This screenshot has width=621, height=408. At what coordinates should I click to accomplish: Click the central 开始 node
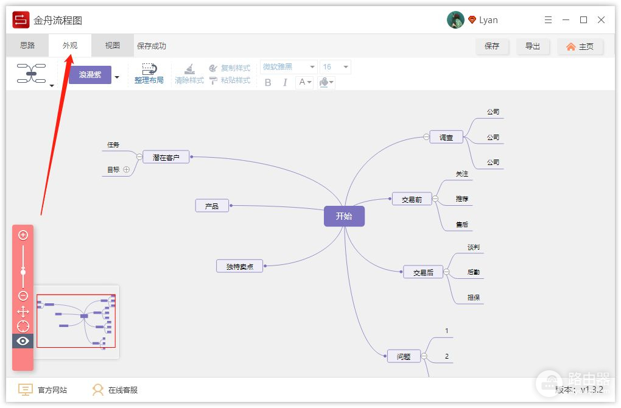coord(344,216)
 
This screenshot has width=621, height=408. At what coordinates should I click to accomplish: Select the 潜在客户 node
coord(166,157)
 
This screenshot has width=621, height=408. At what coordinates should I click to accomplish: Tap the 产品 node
coord(212,206)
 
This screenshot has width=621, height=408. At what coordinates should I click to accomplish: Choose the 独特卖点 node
coord(239,266)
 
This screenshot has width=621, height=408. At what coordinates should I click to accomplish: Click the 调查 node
coord(446,137)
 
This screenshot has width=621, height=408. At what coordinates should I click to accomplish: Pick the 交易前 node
coord(412,199)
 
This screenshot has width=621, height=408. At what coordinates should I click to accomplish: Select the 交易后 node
coord(423,272)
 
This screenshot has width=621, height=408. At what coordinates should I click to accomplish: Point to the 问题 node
coord(404,356)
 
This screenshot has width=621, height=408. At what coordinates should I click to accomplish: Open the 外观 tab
coord(70,46)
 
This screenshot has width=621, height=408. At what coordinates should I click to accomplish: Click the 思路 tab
coord(27,46)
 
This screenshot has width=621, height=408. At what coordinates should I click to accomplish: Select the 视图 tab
coord(113,46)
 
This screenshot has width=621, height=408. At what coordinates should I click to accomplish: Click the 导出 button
coord(533,46)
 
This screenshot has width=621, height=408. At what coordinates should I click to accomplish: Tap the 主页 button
coord(580,46)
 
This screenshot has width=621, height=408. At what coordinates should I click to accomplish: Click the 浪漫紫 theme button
coord(89,75)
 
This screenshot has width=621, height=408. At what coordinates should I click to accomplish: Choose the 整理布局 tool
coord(149,74)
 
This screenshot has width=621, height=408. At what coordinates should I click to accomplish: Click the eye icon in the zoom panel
coord(23,341)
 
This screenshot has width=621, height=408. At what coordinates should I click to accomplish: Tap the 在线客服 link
coord(115,390)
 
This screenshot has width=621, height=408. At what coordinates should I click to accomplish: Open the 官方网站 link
coord(43,390)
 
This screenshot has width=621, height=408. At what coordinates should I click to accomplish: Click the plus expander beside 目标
coord(127,170)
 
